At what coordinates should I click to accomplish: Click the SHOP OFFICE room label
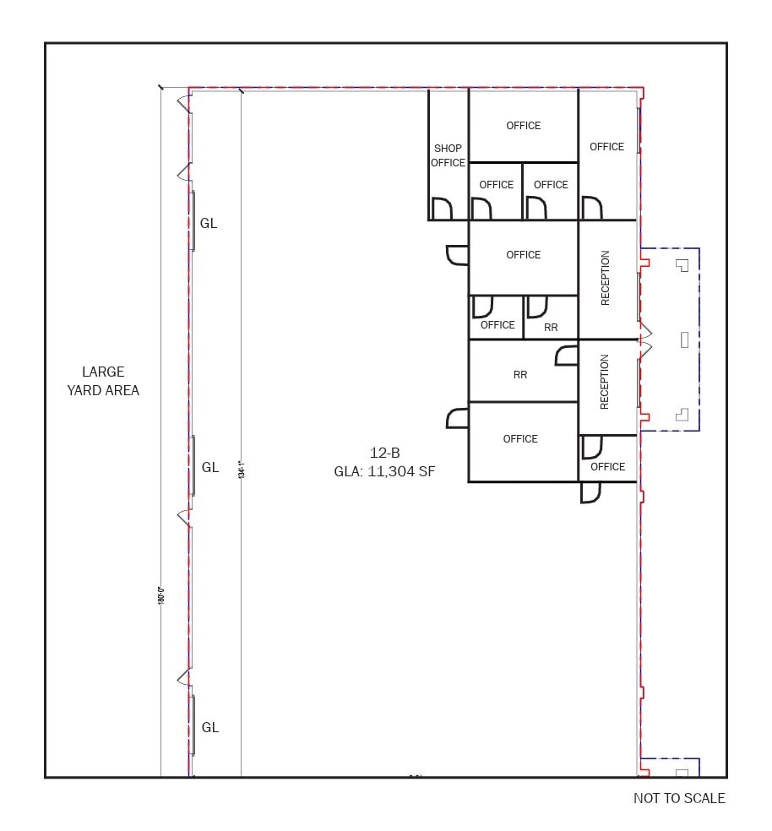pyautogui.click(x=448, y=155)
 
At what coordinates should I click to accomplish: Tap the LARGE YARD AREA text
pyautogui.click(x=103, y=381)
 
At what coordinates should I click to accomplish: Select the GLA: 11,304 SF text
pyautogui.click(x=384, y=472)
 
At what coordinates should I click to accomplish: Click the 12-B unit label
pyautogui.click(x=384, y=453)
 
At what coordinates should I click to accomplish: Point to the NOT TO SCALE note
pyautogui.click(x=679, y=798)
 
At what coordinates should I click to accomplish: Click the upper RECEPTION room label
pyautogui.click(x=605, y=278)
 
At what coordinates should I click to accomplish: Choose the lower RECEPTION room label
pyautogui.click(x=605, y=382)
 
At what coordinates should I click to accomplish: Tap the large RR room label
pyautogui.click(x=520, y=374)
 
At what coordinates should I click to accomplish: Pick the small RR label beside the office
pyautogui.click(x=551, y=327)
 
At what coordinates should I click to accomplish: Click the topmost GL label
pyautogui.click(x=209, y=224)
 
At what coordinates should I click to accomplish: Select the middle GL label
pyautogui.click(x=209, y=467)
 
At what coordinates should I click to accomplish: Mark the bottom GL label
pyautogui.click(x=209, y=727)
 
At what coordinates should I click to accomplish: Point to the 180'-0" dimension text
pyautogui.click(x=160, y=594)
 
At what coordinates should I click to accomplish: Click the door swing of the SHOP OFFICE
pyautogui.click(x=442, y=209)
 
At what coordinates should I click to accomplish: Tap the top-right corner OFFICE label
pyautogui.click(x=606, y=146)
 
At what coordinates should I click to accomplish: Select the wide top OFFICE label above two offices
pyautogui.click(x=523, y=126)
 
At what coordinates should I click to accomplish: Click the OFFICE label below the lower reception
pyautogui.click(x=607, y=466)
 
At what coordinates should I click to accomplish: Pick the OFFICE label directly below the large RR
pyautogui.click(x=520, y=438)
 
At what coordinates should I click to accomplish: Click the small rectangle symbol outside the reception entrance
pyautogui.click(x=684, y=339)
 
